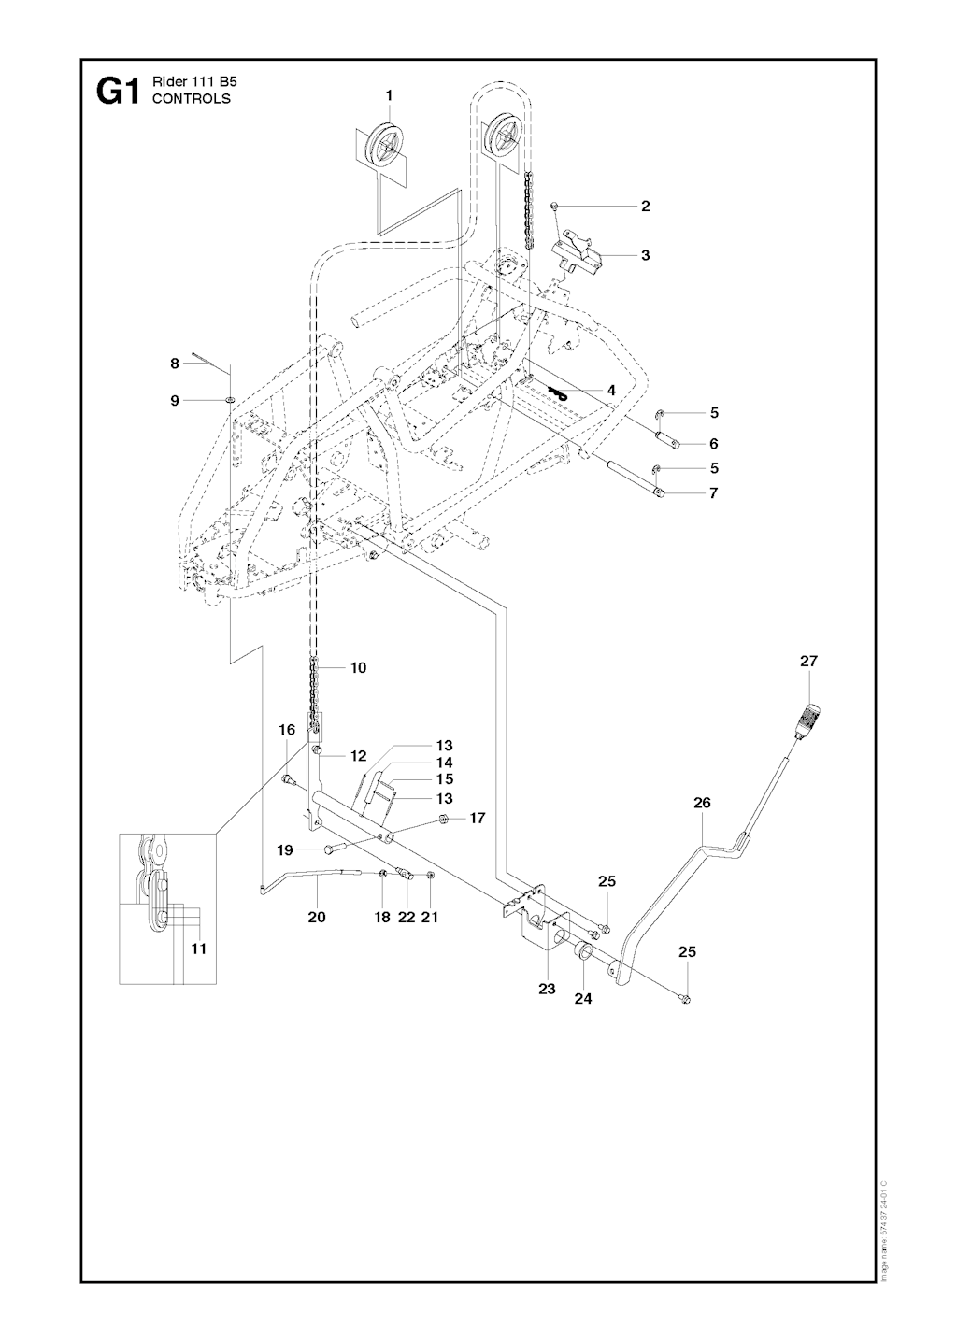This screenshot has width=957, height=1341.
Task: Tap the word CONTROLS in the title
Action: coord(192,98)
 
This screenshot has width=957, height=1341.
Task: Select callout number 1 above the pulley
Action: coord(389,94)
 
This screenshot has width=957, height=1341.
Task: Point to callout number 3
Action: coord(645,254)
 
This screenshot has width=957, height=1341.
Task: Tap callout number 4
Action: coord(611,390)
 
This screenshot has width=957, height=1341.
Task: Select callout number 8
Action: coord(175,364)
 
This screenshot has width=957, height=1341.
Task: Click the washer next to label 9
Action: coord(229,400)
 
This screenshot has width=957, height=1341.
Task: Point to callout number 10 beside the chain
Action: coord(358,667)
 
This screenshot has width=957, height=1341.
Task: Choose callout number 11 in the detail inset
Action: coord(198,948)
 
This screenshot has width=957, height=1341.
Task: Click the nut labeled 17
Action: coord(444,820)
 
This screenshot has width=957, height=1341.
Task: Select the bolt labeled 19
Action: coord(330,848)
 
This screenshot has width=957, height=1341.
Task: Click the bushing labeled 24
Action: coord(581,954)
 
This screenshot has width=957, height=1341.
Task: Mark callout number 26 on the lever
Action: coord(702,802)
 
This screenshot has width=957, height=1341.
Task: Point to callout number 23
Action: coord(547,988)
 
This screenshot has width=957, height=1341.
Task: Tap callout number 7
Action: coord(713,492)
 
